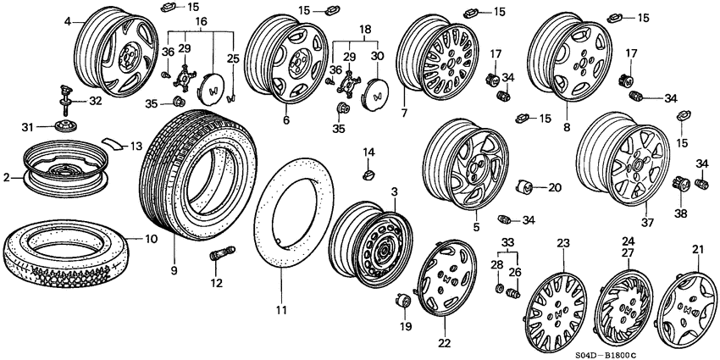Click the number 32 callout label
tap(95, 101)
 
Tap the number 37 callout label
tap(648, 222)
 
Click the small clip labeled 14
tap(368, 174)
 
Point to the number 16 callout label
tap(200, 20)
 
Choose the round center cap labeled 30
tap(376, 95)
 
